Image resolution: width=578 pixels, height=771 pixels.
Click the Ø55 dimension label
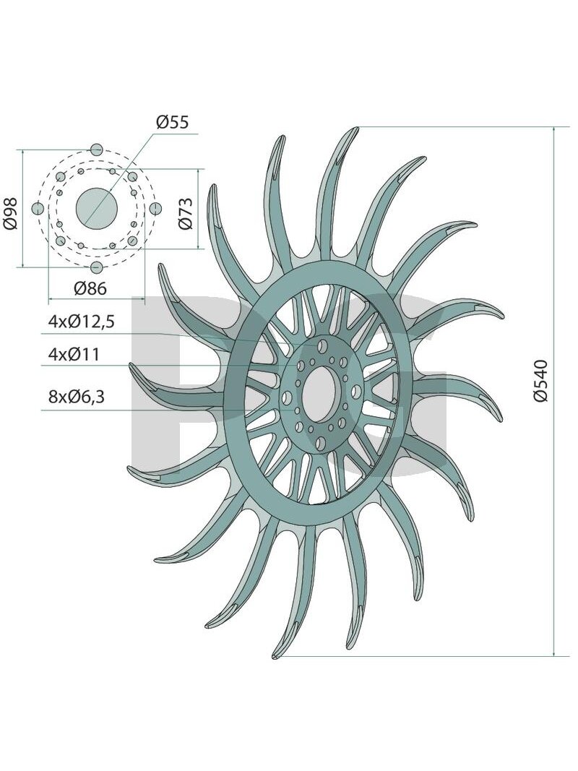[x=173, y=121]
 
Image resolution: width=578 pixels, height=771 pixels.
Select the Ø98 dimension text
[x=10, y=213]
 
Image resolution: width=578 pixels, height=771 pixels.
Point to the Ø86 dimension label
[x=90, y=288]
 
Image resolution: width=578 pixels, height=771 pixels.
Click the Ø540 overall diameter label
[x=540, y=381]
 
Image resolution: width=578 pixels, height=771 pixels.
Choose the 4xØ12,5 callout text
[x=82, y=322]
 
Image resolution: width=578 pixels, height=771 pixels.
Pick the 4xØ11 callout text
[x=74, y=354]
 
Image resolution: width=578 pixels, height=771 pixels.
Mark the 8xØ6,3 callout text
[x=77, y=396]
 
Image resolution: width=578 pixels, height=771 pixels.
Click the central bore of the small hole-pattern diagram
[x=96, y=209]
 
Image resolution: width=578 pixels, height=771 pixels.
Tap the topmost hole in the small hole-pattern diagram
[x=96, y=150]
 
